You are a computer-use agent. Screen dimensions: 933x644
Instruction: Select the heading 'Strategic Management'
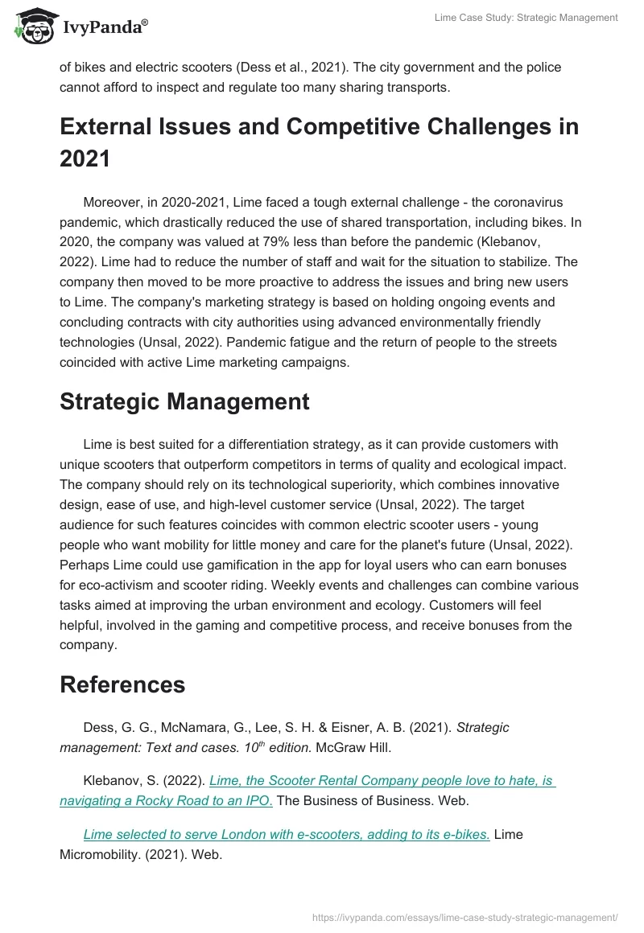tap(184, 401)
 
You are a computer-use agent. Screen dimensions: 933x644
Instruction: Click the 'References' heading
tap(122, 684)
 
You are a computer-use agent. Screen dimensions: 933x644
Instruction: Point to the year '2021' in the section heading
tap(85, 158)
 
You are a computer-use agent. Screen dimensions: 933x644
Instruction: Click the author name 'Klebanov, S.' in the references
tap(122, 780)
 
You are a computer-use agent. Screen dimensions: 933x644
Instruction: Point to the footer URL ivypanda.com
tap(464, 916)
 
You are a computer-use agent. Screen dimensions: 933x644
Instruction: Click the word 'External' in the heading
tap(116, 126)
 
